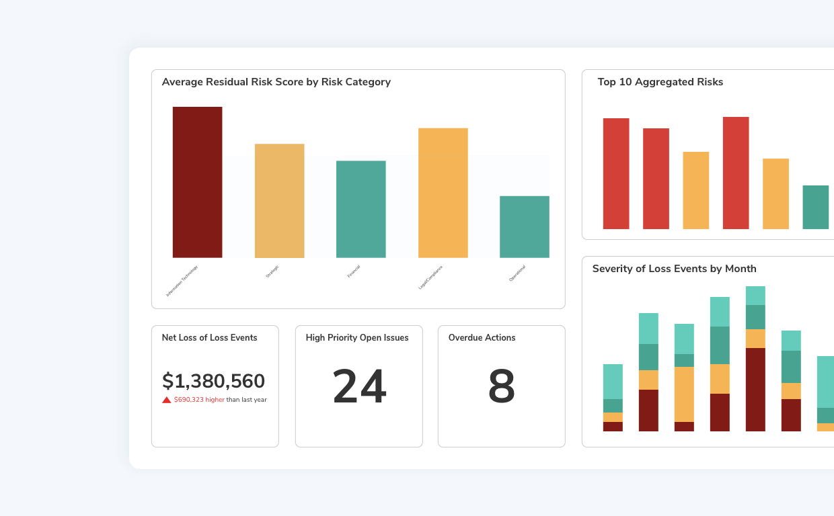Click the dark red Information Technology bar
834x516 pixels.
click(197, 182)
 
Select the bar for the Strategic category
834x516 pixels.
click(279, 201)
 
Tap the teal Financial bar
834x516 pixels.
click(361, 209)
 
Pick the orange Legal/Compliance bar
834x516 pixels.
click(443, 193)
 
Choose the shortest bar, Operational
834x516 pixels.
click(525, 227)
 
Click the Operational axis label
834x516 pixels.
click(517, 273)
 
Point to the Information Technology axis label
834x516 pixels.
click(182, 281)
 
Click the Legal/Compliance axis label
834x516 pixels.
click(431, 277)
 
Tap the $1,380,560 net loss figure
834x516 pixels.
click(213, 381)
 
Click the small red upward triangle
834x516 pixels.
click(167, 400)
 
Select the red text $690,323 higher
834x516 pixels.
click(199, 400)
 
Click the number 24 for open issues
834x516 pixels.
click(359, 387)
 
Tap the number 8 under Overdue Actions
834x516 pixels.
click(501, 387)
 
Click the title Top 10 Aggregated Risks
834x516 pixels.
click(660, 82)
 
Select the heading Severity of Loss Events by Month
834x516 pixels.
click(674, 269)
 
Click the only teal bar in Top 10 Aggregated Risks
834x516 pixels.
click(815, 207)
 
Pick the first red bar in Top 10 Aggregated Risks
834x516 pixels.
click(616, 173)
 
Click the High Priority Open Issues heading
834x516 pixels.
click(357, 338)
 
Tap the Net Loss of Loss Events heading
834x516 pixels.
click(209, 338)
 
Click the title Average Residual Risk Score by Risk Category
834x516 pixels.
click(276, 82)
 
